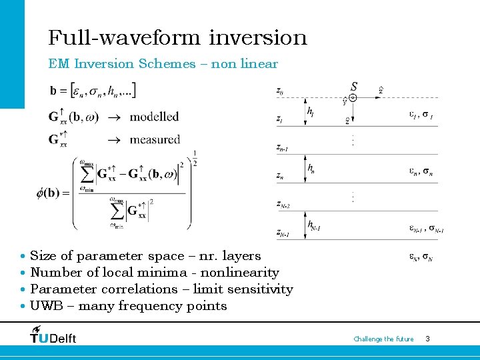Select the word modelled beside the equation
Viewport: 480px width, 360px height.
pyautogui.click(x=154, y=117)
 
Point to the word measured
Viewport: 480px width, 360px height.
pyautogui.click(x=155, y=139)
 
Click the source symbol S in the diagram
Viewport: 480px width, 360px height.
pyautogui.click(x=353, y=87)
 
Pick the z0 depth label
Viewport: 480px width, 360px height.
pyautogui.click(x=280, y=91)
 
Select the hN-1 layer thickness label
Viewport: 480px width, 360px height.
pyautogui.click(x=314, y=227)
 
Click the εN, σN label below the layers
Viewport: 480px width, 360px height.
pyautogui.click(x=421, y=256)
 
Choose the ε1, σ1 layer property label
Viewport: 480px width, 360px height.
pyautogui.click(x=421, y=115)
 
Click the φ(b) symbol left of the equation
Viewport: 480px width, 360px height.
pyautogui.click(x=53, y=193)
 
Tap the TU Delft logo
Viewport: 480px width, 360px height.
pyautogui.click(x=53, y=335)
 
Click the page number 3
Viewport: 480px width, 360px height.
pyautogui.click(x=427, y=339)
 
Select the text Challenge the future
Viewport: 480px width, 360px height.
pyautogui.click(x=383, y=339)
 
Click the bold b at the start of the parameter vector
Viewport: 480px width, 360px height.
pyautogui.click(x=53, y=90)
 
